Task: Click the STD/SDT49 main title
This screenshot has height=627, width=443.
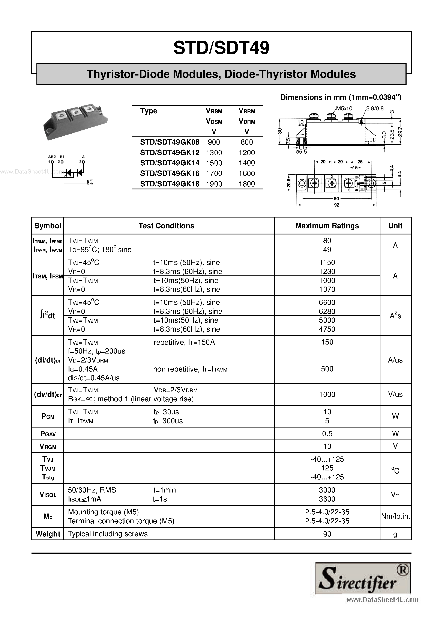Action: (221, 48)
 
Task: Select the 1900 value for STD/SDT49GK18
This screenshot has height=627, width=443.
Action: (214, 184)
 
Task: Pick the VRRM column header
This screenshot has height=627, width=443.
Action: (247, 111)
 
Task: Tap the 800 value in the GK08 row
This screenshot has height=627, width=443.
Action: (247, 142)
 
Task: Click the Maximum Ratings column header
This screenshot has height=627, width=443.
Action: (327, 226)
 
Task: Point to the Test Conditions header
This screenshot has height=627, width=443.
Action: (166, 226)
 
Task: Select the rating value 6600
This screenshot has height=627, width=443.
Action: (327, 302)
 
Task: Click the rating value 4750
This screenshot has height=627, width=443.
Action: (327, 329)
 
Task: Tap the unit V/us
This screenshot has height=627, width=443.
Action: (395, 394)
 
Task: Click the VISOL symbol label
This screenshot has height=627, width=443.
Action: (48, 495)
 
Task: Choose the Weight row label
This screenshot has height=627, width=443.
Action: (48, 534)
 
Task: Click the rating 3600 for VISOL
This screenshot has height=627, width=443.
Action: (327, 499)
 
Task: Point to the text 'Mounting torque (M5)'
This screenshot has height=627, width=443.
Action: (103, 512)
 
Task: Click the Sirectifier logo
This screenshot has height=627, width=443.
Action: (363, 578)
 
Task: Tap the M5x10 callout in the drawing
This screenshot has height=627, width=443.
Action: (344, 108)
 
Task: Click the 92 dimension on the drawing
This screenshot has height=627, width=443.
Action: (337, 205)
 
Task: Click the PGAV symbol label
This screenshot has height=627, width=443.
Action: (48, 434)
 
